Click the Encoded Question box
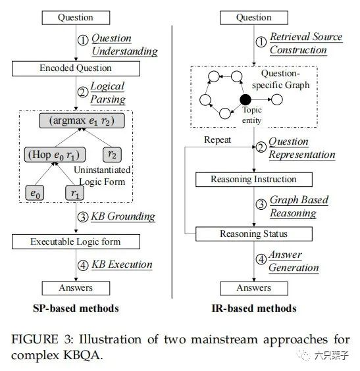pyautogui.click(x=76, y=68)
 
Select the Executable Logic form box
pyautogui.click(x=76, y=241)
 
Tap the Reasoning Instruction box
pyautogui.click(x=254, y=180)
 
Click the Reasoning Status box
pyautogui.click(x=254, y=234)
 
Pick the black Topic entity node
pyautogui.click(x=245, y=99)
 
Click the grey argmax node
pyautogui.click(x=82, y=120)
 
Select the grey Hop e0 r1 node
pyautogui.click(x=55, y=155)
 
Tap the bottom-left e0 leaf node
pyautogui.click(x=35, y=193)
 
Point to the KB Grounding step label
pyautogui.click(x=123, y=216)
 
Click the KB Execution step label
pyautogui.click(x=122, y=264)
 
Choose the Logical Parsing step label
pyautogui.click(x=108, y=93)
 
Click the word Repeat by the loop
pyautogui.click(x=218, y=140)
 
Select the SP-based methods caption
pyautogui.click(x=76, y=309)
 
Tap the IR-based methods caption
pyautogui.click(x=254, y=309)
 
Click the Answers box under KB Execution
pyautogui.click(x=76, y=288)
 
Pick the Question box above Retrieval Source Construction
pyautogui.click(x=254, y=18)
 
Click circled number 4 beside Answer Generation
pyautogui.click(x=261, y=259)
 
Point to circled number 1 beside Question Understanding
pyautogui.click(x=83, y=40)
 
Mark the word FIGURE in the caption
pyautogui.click(x=35, y=339)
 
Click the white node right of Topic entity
pyautogui.click(x=276, y=99)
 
